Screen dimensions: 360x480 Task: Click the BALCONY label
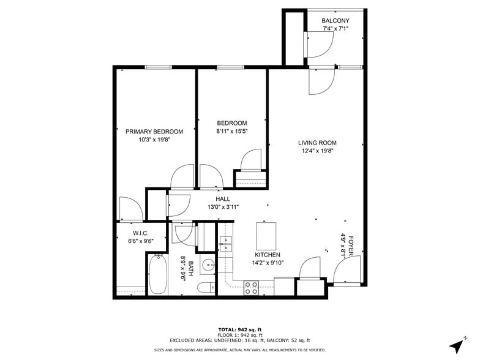[x=336, y=21]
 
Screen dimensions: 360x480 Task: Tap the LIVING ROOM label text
[x=317, y=143]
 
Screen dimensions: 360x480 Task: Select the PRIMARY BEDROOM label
[x=154, y=132]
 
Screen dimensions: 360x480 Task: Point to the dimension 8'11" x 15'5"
[x=231, y=131]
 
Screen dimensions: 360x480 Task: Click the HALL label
[x=223, y=199]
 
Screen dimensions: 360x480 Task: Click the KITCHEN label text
[x=268, y=255]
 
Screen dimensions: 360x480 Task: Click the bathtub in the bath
[x=158, y=274]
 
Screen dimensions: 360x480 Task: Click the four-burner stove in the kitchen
[x=251, y=288]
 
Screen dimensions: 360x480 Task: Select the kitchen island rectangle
[x=266, y=234]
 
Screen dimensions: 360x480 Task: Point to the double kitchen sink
[x=225, y=244]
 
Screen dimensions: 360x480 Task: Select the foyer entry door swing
[x=347, y=269]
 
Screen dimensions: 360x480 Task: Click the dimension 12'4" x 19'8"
[x=317, y=151]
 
